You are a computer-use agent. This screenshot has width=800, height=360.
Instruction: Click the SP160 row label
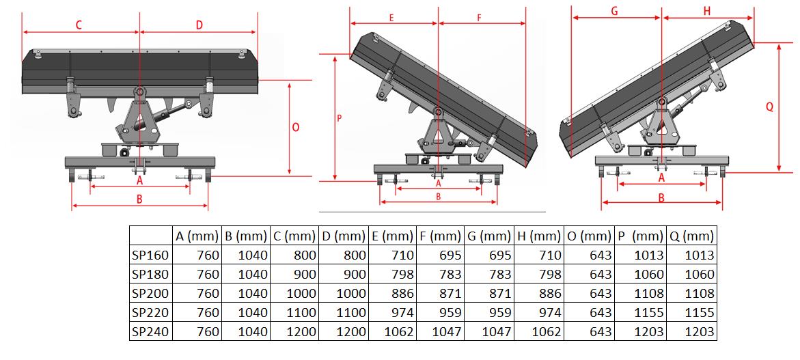150,255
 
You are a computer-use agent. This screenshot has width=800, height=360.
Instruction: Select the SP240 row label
150,332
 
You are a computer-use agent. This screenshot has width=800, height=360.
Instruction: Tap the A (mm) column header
197,236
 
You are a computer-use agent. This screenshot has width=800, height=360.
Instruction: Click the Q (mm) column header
692,236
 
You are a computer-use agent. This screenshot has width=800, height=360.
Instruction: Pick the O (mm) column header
590,236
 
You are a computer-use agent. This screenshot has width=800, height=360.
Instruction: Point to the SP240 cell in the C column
301,332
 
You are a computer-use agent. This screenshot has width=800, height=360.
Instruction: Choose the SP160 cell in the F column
447,255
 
